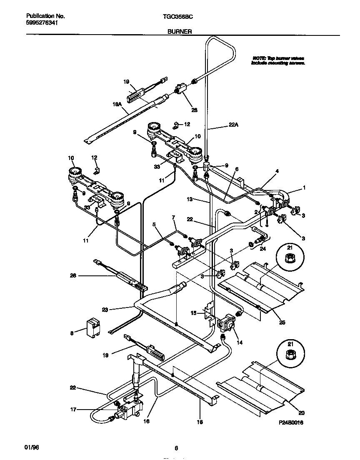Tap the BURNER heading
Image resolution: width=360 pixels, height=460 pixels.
[180, 31]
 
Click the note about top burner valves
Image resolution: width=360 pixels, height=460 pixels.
[278, 61]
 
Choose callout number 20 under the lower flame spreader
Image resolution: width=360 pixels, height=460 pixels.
[301, 413]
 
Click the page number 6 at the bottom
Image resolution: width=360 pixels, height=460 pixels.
[177, 449]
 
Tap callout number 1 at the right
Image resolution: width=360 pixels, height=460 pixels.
[305, 188]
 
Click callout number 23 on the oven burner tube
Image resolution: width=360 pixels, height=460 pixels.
[105, 309]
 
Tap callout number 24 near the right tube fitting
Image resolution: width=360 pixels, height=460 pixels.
[263, 250]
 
